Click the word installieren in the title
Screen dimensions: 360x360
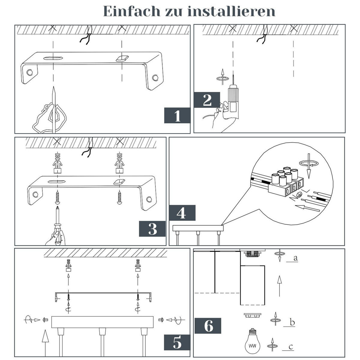[x=231, y=11]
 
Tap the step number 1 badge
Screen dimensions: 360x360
[x=177, y=115]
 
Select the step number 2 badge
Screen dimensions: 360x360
[x=207, y=100]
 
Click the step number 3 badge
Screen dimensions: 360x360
[x=152, y=229]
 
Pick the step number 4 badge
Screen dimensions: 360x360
[x=182, y=213]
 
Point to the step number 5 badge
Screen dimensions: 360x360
[x=177, y=342]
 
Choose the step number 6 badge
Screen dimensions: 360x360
[x=208, y=326]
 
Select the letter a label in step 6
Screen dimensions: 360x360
[x=295, y=258]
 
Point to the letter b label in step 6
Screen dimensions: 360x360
[x=292, y=322]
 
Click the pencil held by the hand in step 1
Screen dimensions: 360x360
[x=53, y=108]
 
